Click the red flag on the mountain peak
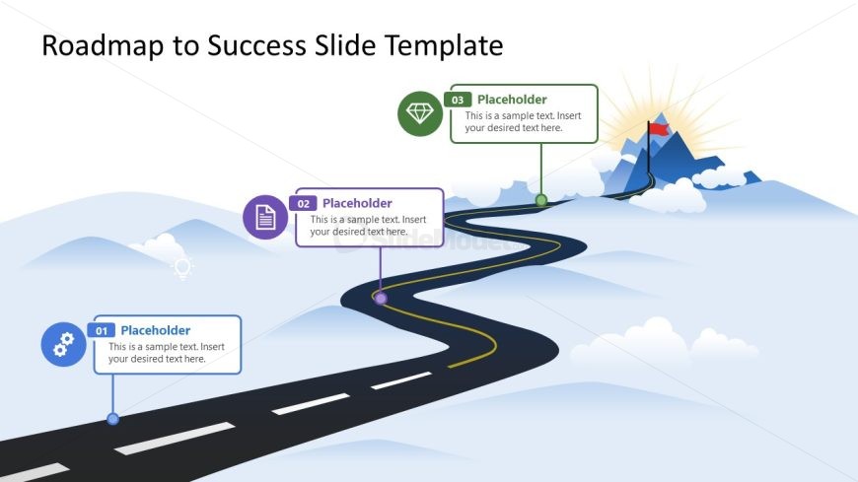click(x=659, y=129)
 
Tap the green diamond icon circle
click(x=420, y=113)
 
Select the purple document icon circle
click(x=265, y=217)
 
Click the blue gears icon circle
click(x=63, y=344)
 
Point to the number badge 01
click(x=102, y=330)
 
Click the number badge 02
click(x=303, y=203)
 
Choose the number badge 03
click(x=458, y=100)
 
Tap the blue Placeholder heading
click(x=156, y=330)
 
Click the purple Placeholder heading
click(x=357, y=203)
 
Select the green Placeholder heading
click(x=512, y=100)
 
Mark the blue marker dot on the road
click(x=112, y=419)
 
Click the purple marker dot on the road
click(x=381, y=299)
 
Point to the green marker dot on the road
click(x=541, y=200)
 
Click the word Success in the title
click(x=256, y=45)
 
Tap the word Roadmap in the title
click(x=103, y=45)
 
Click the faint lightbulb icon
click(x=182, y=268)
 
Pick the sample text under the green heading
click(x=523, y=121)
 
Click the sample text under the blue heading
click(x=167, y=352)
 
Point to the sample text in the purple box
click(x=368, y=226)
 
